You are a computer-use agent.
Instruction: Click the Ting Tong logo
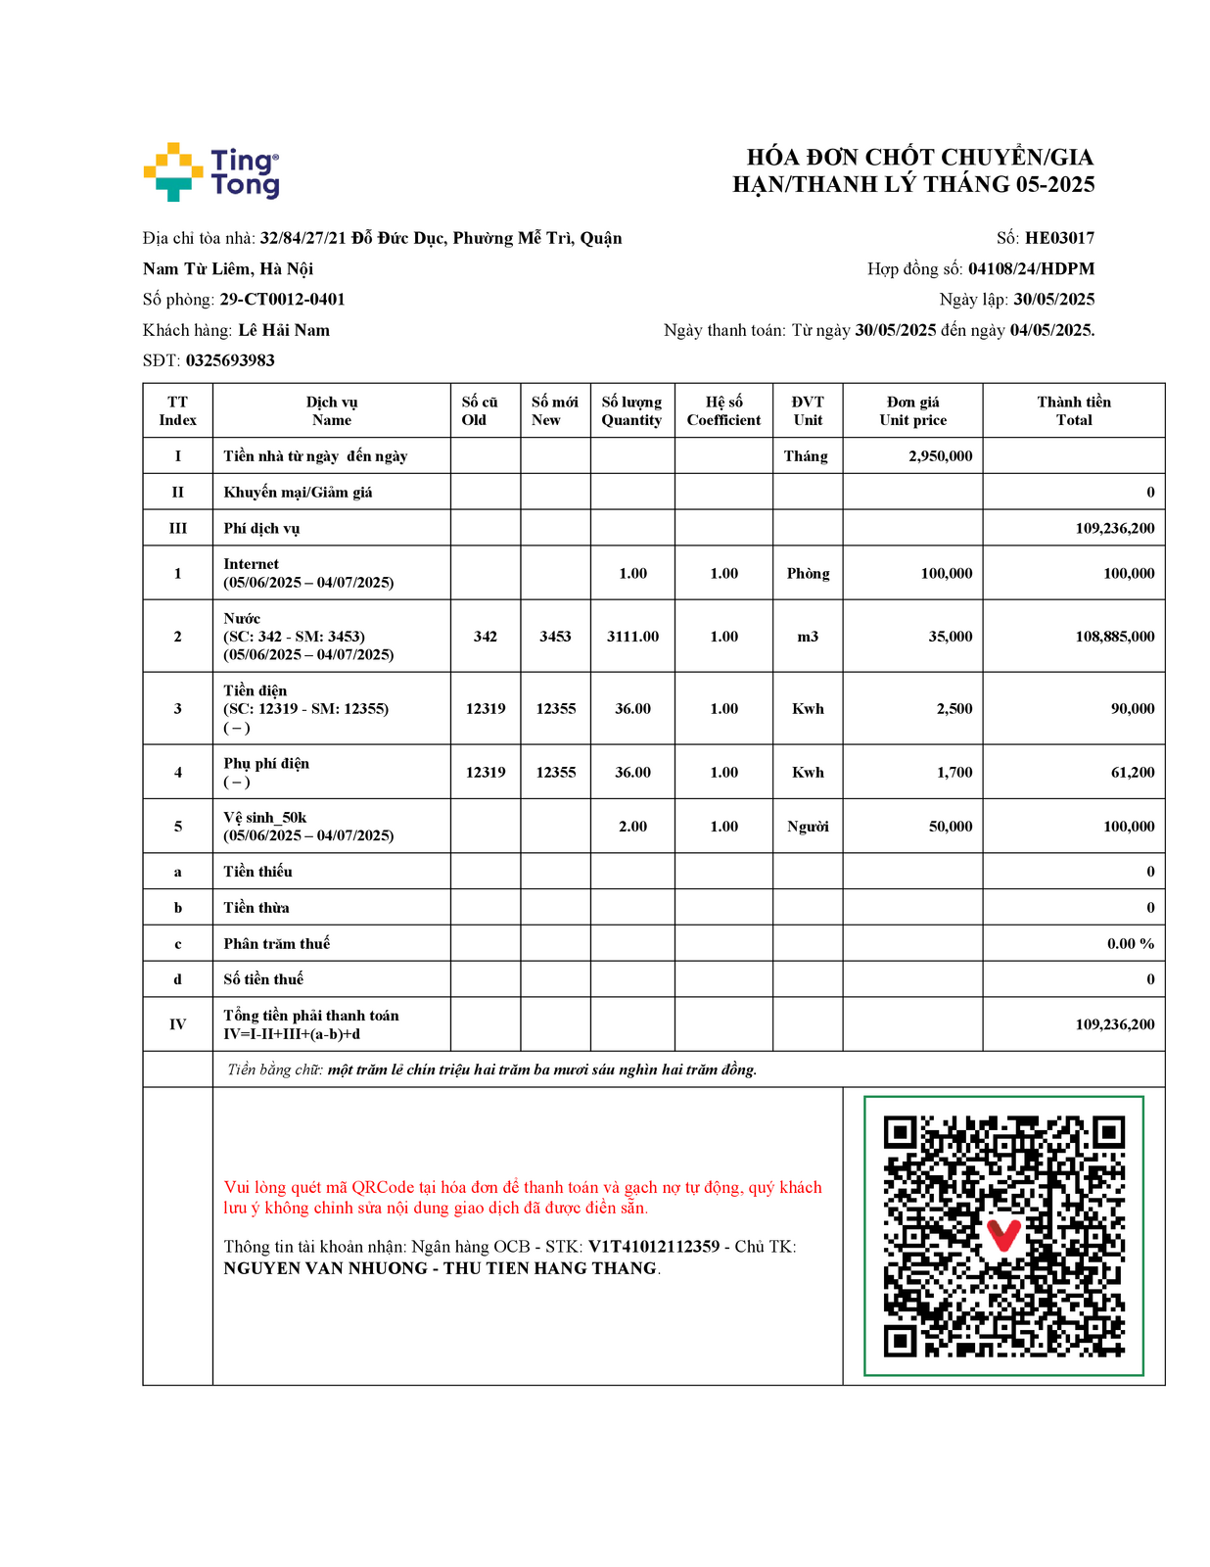(211, 172)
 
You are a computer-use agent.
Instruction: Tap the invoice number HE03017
(1059, 238)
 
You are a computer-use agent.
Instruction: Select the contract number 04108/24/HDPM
(1031, 268)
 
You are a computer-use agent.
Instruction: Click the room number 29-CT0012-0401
(282, 300)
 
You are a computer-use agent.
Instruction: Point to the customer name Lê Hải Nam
(284, 330)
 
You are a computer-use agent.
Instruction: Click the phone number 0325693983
(230, 360)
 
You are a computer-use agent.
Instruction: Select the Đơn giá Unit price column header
(912, 410)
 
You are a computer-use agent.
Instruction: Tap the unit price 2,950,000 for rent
(940, 456)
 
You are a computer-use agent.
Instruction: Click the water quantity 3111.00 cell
(632, 637)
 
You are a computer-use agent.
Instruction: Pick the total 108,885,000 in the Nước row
(1114, 637)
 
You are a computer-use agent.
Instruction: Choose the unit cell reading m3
(808, 637)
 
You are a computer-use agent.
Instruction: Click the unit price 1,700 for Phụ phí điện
(954, 773)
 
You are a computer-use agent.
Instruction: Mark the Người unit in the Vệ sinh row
(808, 827)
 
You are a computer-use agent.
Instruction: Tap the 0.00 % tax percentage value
(1130, 944)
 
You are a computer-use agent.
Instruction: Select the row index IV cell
(177, 1024)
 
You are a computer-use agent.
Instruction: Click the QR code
(1003, 1236)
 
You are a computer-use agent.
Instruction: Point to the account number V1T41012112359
(653, 1247)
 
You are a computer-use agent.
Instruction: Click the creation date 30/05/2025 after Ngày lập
(1053, 300)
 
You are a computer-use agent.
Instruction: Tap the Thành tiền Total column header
(1073, 410)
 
